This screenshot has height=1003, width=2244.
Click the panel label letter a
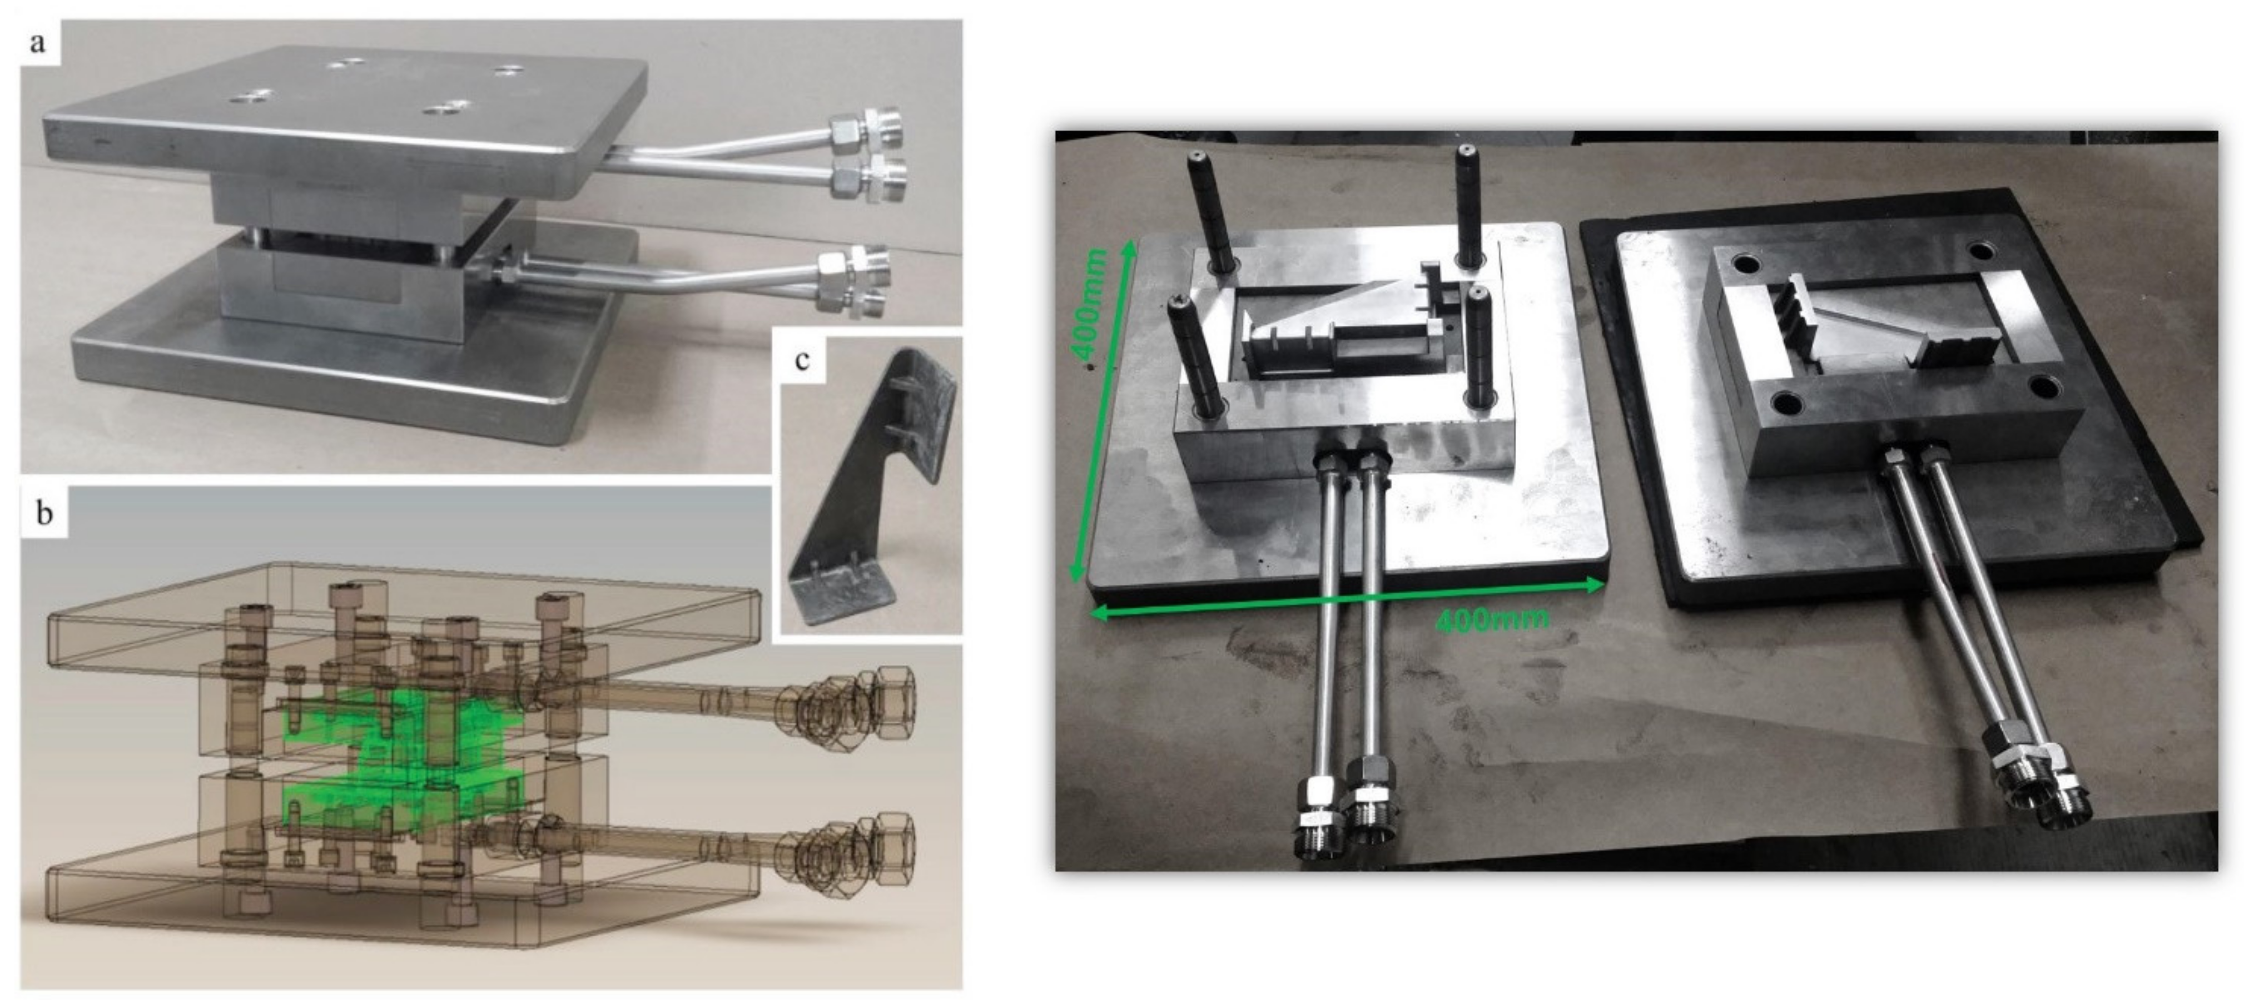pyautogui.click(x=37, y=42)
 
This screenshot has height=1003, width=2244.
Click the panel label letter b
pyautogui.click(x=43, y=513)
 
